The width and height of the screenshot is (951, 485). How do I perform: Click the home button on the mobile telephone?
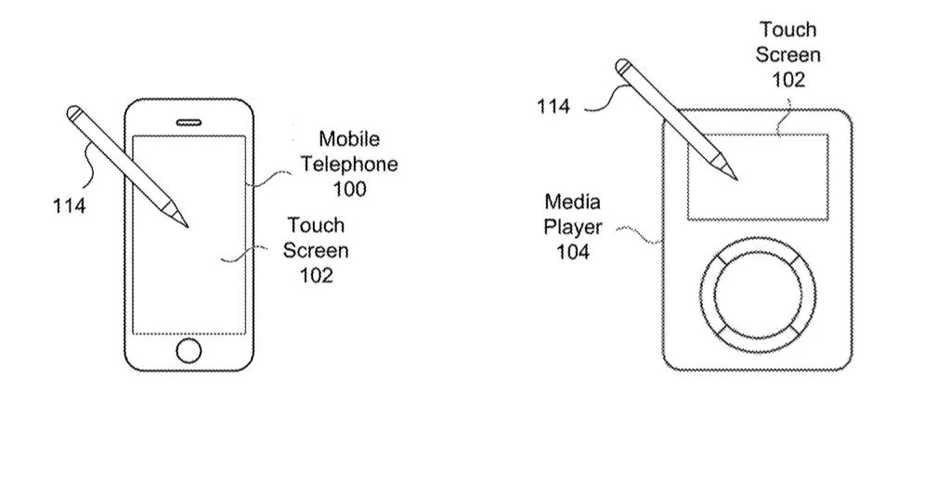(189, 350)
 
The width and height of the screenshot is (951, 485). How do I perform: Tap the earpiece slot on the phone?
(189, 120)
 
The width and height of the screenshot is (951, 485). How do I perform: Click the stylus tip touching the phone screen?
(186, 225)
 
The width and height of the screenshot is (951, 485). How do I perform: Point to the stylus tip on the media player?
(735, 177)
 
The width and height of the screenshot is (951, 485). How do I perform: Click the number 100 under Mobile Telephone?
(349, 190)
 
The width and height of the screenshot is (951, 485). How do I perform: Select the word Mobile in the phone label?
(349, 139)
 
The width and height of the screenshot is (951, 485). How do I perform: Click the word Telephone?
(349, 164)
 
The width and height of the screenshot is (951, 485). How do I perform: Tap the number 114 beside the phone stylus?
(69, 205)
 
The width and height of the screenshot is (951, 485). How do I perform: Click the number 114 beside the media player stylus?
(554, 107)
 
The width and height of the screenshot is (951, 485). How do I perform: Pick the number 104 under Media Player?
(573, 252)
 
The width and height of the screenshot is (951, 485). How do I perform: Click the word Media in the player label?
(572, 202)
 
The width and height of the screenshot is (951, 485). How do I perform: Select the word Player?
(573, 227)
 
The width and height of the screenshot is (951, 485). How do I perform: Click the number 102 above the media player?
(788, 79)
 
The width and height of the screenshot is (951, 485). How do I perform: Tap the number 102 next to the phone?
(316, 275)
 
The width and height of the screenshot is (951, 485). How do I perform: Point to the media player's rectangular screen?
(758, 177)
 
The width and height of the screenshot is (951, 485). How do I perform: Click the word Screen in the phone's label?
(316, 250)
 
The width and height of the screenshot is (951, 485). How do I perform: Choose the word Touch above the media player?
(788, 30)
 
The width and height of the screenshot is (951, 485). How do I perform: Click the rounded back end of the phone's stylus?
(74, 113)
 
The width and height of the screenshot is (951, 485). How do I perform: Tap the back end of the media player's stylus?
(625, 67)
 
